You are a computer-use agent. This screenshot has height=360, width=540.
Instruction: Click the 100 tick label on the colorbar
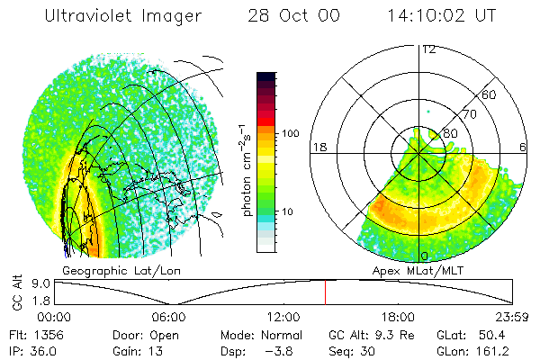(x=290, y=133)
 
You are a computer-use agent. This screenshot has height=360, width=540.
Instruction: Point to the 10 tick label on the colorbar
(x=287, y=211)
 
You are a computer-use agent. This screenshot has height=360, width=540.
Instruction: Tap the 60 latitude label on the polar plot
(x=490, y=94)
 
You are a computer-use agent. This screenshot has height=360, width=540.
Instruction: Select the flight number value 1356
(x=47, y=334)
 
